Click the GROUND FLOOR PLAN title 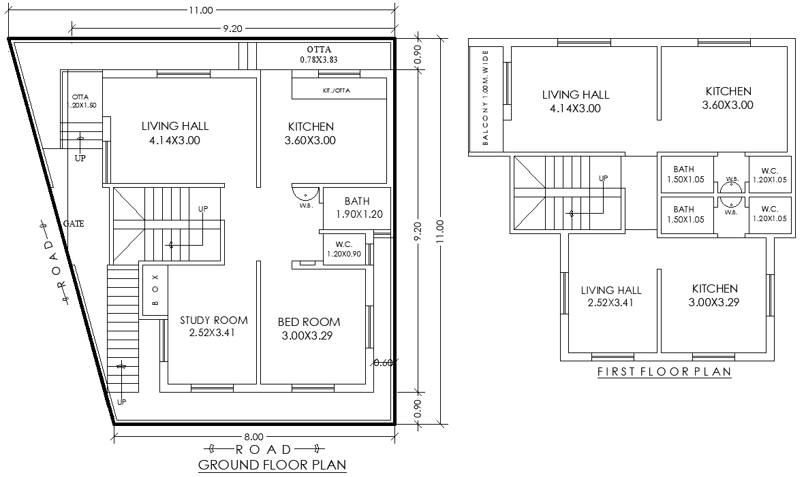click(272, 465)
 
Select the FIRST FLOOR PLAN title click(664, 372)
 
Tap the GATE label click(74, 223)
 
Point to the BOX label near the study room click(155, 290)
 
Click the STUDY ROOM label click(213, 327)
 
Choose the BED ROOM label click(309, 329)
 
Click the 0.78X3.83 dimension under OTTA click(319, 60)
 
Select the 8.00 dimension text click(253, 436)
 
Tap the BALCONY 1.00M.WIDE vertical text click(486, 97)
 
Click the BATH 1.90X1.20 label click(357, 208)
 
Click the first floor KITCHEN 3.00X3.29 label click(715, 295)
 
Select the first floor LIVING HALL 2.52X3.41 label click(611, 297)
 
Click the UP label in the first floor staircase click(603, 178)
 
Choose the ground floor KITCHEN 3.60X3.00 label click(311, 133)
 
